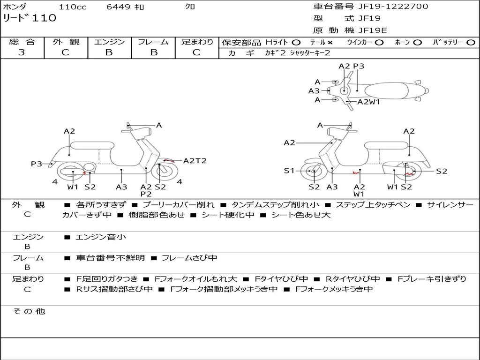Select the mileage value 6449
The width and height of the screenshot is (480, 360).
coord(119,7)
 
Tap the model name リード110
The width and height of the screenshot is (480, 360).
coord(30,18)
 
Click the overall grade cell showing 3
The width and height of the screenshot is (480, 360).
coord(22,52)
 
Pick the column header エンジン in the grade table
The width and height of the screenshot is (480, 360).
coord(109,42)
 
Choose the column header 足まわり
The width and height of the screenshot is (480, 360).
coord(197,42)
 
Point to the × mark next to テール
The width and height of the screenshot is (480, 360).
coord(330,43)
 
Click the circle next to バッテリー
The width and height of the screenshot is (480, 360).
coord(471,43)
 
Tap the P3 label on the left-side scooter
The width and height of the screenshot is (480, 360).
coord(37,164)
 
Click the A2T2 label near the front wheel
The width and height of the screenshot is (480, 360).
coord(195,161)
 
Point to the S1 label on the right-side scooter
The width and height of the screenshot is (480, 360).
coord(289,171)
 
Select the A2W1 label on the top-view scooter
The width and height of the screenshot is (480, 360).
coord(368,102)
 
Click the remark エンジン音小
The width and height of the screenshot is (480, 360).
coord(101,237)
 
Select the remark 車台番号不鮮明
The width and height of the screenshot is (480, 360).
coord(111,258)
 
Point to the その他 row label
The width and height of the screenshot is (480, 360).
coord(29,311)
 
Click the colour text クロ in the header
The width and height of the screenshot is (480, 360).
coord(190,7)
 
